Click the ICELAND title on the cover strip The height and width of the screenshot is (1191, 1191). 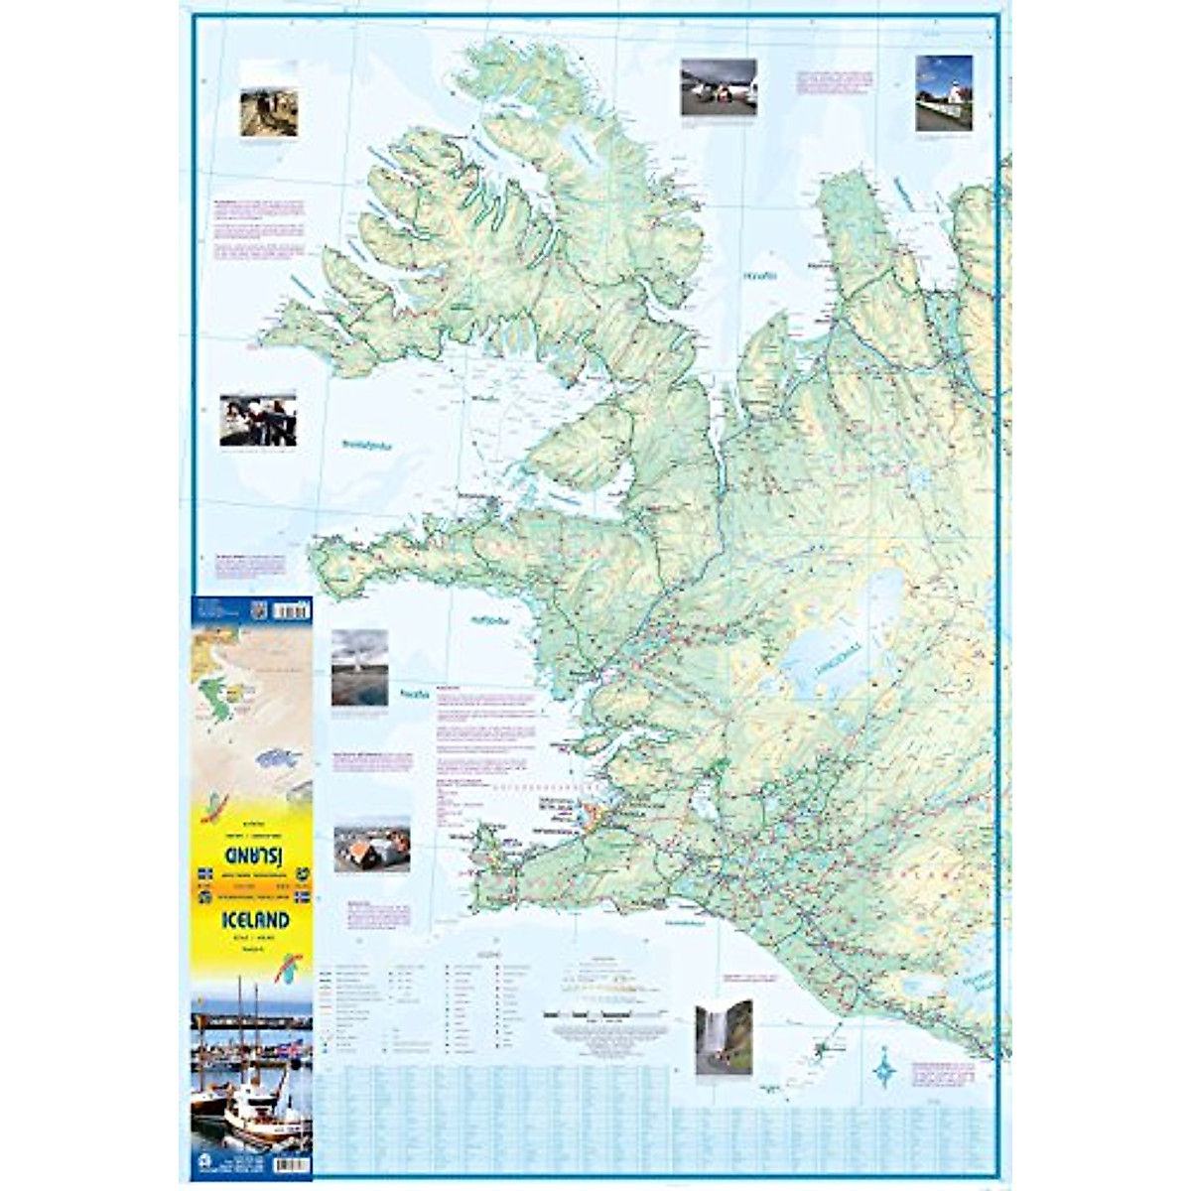(x=255, y=920)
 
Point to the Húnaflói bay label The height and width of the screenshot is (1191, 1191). (x=761, y=276)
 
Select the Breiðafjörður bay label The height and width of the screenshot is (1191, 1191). (x=366, y=446)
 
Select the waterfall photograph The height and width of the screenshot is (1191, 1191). (x=724, y=1037)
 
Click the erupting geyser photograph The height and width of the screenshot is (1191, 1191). (x=359, y=667)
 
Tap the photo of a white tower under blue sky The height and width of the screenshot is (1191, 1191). (x=943, y=92)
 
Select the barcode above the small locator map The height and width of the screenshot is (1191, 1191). (x=291, y=610)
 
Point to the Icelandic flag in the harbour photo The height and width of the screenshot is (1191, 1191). (x=291, y=1048)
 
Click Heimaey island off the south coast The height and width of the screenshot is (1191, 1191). (x=821, y=1049)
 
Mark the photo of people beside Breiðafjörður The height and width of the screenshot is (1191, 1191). (x=258, y=420)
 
